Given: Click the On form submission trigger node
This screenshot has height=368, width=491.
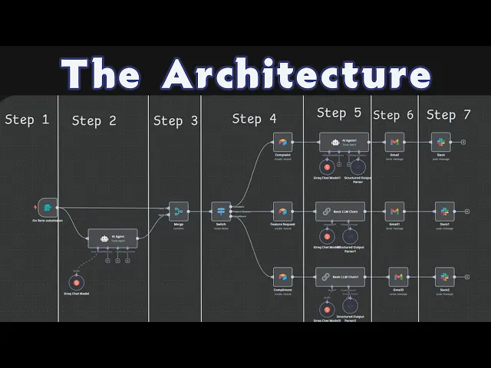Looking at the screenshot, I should [48, 207].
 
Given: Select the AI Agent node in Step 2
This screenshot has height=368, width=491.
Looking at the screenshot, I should [113, 238].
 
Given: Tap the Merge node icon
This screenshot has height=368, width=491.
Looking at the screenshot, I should [178, 211].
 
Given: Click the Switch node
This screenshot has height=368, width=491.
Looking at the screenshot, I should [221, 211].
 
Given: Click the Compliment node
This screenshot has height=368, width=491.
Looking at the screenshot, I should [282, 276].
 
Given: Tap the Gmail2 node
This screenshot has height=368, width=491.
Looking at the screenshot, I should [398, 276].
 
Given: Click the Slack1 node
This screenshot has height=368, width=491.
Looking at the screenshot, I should [443, 211].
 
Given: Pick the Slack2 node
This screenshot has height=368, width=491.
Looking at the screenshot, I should [443, 276].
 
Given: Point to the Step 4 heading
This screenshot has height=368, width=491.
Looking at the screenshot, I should [254, 119].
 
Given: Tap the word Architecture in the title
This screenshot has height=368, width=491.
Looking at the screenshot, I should [296, 75].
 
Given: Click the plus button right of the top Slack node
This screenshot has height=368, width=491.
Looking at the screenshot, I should [464, 142].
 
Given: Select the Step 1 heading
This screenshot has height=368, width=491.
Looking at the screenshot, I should [27, 120].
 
